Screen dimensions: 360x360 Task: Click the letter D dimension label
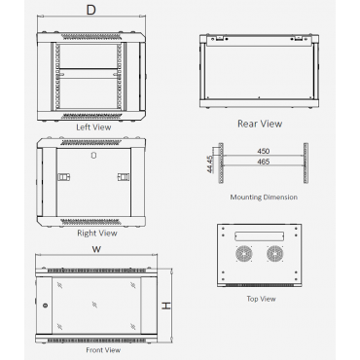pos(91,10)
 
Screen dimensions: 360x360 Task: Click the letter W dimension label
pos(96,249)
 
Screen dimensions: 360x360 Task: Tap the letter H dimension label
pos(166,306)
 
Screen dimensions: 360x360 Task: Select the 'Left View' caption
pos(93,127)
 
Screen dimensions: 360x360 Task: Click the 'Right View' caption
pos(97,233)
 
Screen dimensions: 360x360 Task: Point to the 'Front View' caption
pos(103,350)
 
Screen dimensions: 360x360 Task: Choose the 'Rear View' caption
pos(260,124)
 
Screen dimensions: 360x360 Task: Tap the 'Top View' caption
pos(261,299)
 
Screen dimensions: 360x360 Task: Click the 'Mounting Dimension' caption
pos(264,197)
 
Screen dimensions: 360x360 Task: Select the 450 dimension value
pos(264,151)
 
